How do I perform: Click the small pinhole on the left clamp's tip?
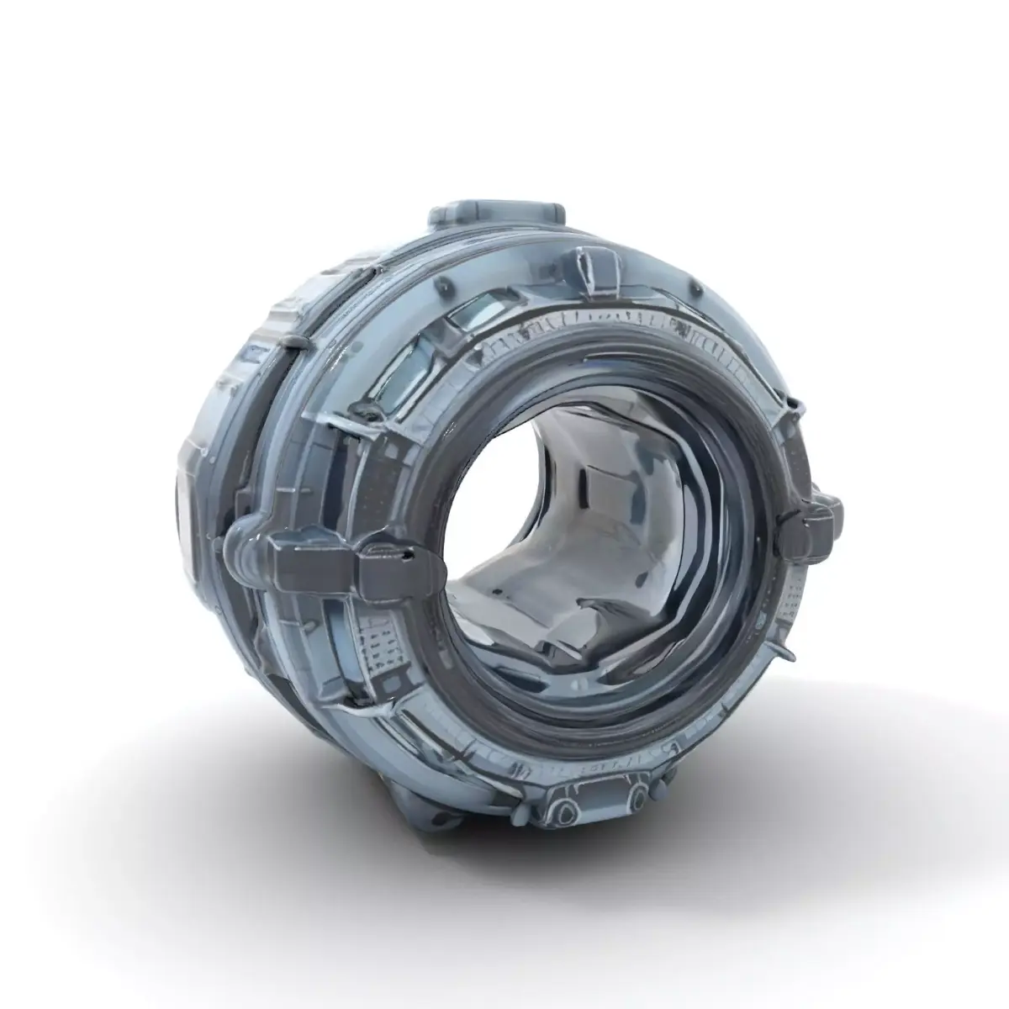pyautogui.click(x=408, y=555)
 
